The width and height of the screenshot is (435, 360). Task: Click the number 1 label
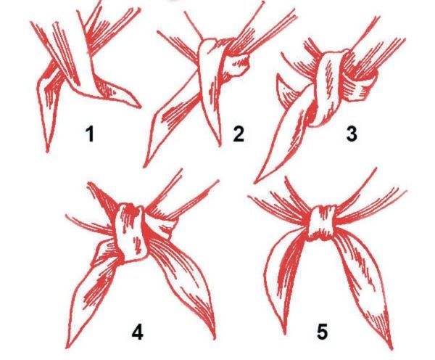(x=90, y=134)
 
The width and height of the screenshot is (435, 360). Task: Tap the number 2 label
(x=239, y=134)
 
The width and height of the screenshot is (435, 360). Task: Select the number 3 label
(x=352, y=134)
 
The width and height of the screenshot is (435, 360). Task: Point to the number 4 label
(x=137, y=332)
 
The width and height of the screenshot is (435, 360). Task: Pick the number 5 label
(x=322, y=331)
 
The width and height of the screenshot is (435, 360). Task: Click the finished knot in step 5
(x=322, y=221)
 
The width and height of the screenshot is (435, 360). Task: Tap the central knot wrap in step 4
(x=130, y=232)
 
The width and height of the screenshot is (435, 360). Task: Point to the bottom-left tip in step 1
(x=47, y=151)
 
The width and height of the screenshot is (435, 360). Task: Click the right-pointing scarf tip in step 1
(x=139, y=107)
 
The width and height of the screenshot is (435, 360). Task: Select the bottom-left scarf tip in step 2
(x=144, y=166)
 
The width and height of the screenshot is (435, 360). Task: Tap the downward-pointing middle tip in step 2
(x=220, y=144)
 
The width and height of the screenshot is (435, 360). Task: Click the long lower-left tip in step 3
(x=255, y=182)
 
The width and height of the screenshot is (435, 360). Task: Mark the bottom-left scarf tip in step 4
(x=67, y=347)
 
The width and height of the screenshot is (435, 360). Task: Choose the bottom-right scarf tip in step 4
(x=214, y=337)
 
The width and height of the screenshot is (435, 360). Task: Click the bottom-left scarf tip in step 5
(x=284, y=332)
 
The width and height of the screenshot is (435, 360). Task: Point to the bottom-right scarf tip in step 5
(x=391, y=348)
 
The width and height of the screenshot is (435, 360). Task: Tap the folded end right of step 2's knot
(x=238, y=65)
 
